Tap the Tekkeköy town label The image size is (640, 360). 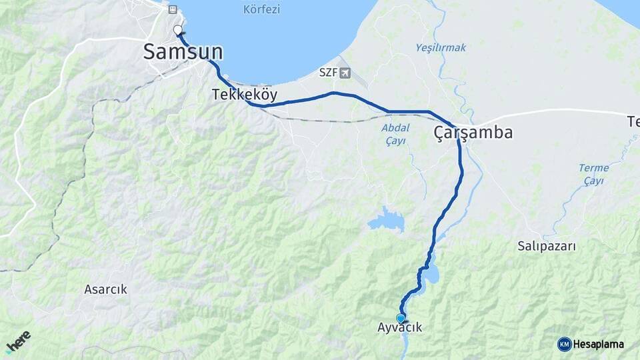[x=245, y=95]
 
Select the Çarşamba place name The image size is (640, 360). [x=473, y=133]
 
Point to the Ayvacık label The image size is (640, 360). [x=400, y=328]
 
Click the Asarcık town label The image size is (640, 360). [x=105, y=289]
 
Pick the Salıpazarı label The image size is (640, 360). [x=547, y=246]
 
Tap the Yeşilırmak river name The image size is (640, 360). [x=441, y=48]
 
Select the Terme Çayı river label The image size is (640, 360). [x=593, y=174]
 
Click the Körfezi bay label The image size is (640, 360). [x=262, y=9]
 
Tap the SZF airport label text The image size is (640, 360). [x=328, y=72]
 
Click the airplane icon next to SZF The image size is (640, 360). [x=345, y=72]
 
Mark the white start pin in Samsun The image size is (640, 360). [x=178, y=30]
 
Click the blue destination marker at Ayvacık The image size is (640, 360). [x=400, y=318]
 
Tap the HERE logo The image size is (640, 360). [x=18, y=342]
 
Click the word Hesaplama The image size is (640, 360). [x=599, y=344]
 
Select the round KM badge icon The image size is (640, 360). [x=564, y=344]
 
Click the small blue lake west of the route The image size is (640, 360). [x=387, y=220]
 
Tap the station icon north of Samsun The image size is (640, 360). [x=173, y=10]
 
